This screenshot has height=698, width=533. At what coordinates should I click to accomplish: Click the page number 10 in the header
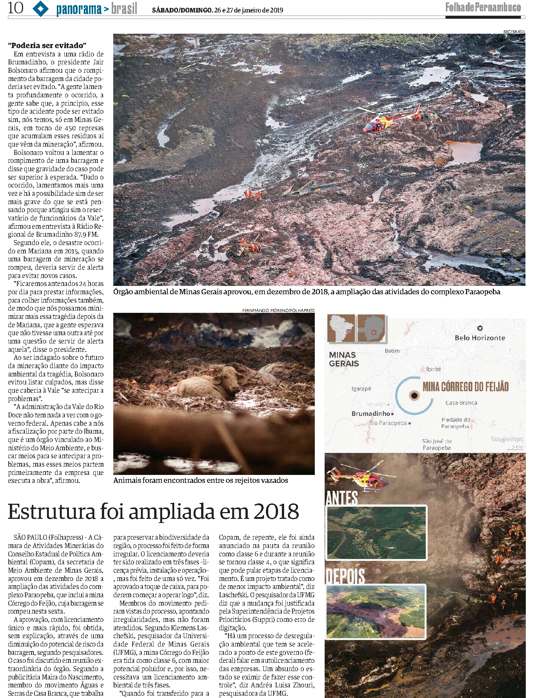point(15,8)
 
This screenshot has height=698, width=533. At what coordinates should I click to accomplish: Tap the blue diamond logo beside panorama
point(41,9)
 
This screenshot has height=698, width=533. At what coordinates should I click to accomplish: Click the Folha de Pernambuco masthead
point(483,7)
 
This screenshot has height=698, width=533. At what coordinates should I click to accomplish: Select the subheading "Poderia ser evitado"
point(47,45)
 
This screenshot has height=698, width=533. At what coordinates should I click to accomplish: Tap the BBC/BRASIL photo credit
point(514,32)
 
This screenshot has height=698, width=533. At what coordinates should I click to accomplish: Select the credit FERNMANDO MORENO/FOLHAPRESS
point(278,311)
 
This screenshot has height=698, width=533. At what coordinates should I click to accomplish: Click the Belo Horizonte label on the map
point(480,338)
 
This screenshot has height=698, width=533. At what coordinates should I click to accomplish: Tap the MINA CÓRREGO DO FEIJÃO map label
point(465,387)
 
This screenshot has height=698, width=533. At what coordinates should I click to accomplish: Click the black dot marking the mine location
point(414,395)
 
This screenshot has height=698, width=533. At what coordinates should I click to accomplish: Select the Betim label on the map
point(392,351)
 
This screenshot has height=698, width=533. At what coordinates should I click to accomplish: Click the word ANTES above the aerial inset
point(341,498)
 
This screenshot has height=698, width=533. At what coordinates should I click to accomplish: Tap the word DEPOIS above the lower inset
point(345,576)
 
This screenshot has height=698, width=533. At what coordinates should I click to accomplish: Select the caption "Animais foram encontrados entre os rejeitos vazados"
point(200,481)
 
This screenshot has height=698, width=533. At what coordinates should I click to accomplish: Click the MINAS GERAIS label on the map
point(344,359)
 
